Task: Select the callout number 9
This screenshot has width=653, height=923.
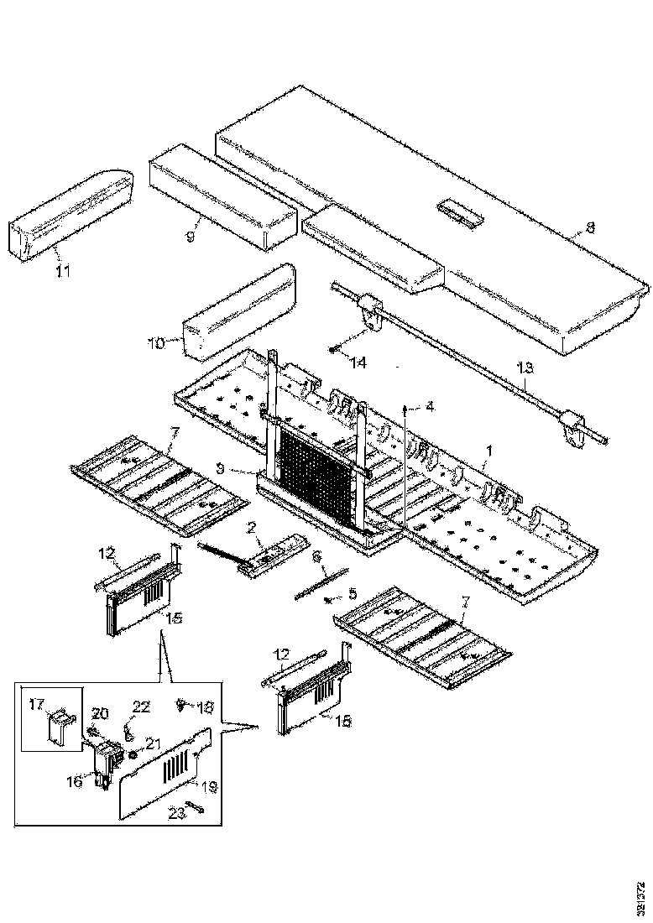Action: click(190, 237)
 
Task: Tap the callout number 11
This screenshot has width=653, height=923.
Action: click(64, 270)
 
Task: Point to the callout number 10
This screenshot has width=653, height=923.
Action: click(156, 342)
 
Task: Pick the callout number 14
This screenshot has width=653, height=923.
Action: click(359, 362)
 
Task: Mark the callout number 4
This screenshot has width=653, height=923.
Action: click(431, 407)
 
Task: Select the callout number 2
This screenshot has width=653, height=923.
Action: click(250, 527)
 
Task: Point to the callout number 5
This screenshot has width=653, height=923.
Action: click(353, 593)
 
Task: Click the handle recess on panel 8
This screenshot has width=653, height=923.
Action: click(458, 211)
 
